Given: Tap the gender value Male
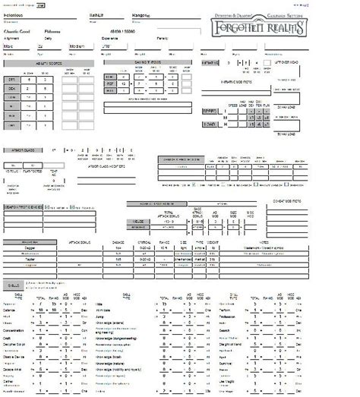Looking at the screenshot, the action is click(x=11, y=47).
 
